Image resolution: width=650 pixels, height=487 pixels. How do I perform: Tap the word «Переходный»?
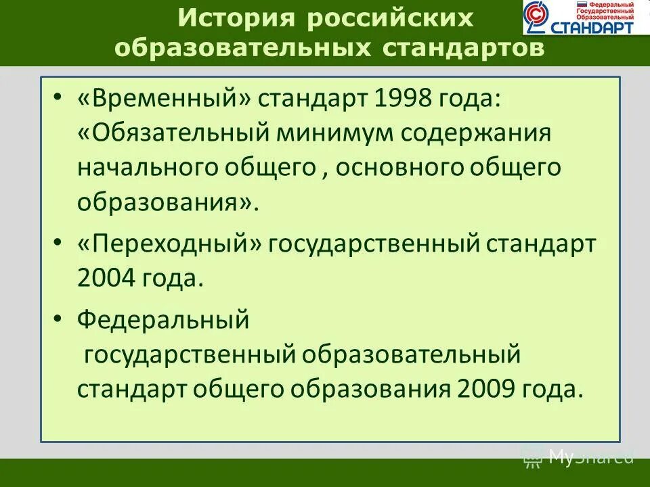click(169, 243)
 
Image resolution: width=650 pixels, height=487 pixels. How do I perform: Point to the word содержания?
click(476, 132)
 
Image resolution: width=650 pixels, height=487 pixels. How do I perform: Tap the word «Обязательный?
click(173, 132)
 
